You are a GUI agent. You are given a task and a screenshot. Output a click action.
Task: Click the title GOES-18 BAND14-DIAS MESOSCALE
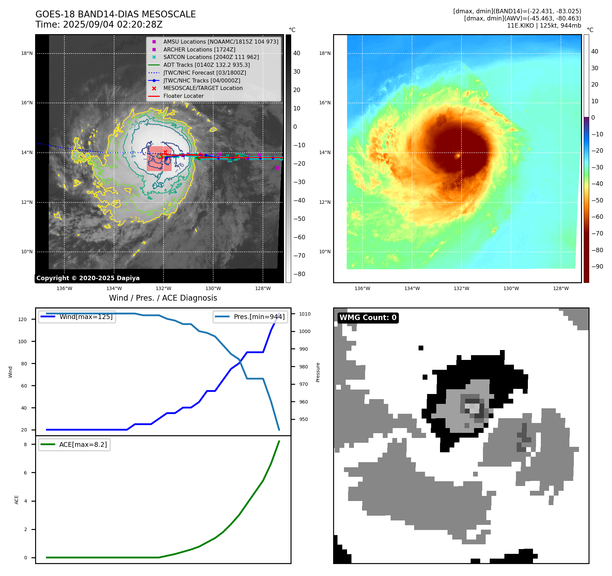pyautogui.click(x=115, y=14)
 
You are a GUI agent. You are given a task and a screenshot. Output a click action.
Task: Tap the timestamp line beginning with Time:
pyautogui.click(x=99, y=25)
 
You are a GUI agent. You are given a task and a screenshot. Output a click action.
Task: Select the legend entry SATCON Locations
pyautogui.click(x=211, y=57)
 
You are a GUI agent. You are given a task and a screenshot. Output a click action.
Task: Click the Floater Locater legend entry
pyautogui.click(x=183, y=96)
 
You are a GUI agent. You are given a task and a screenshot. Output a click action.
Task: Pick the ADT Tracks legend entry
pyautogui.click(x=206, y=65)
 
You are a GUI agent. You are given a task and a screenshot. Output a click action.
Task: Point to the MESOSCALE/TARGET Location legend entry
pyautogui.click(x=203, y=88)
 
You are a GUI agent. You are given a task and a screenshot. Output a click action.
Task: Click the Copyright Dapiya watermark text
pyautogui.click(x=88, y=278)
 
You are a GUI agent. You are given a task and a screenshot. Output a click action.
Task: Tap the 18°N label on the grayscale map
pyautogui.click(x=27, y=53)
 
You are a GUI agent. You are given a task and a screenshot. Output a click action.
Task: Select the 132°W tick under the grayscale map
pyautogui.click(x=163, y=288)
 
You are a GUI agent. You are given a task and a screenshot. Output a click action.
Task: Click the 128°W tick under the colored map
pyautogui.click(x=561, y=288)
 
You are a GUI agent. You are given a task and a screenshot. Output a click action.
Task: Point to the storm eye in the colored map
pyautogui.click(x=458, y=156)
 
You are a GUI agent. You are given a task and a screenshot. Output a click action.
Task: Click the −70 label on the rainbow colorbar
pyautogui.click(x=597, y=233)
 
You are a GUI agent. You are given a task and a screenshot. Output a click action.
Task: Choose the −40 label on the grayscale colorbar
pyautogui.click(x=299, y=200)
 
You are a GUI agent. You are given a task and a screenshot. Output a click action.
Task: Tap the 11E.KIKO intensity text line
pyautogui.click(x=544, y=26)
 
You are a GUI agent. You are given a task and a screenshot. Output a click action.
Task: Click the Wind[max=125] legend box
pyautogui.click(x=77, y=317)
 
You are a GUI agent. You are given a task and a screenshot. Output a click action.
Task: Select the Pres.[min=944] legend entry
pyautogui.click(x=251, y=317)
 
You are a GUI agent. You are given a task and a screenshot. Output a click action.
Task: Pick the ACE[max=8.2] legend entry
pyautogui.click(x=75, y=444)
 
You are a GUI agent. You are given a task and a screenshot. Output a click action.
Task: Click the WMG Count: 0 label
pyautogui.click(x=368, y=318)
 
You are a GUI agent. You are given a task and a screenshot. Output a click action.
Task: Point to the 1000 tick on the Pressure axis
pyautogui.click(x=305, y=331)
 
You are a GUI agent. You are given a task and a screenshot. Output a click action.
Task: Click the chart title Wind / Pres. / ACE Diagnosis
pyautogui.click(x=163, y=298)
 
